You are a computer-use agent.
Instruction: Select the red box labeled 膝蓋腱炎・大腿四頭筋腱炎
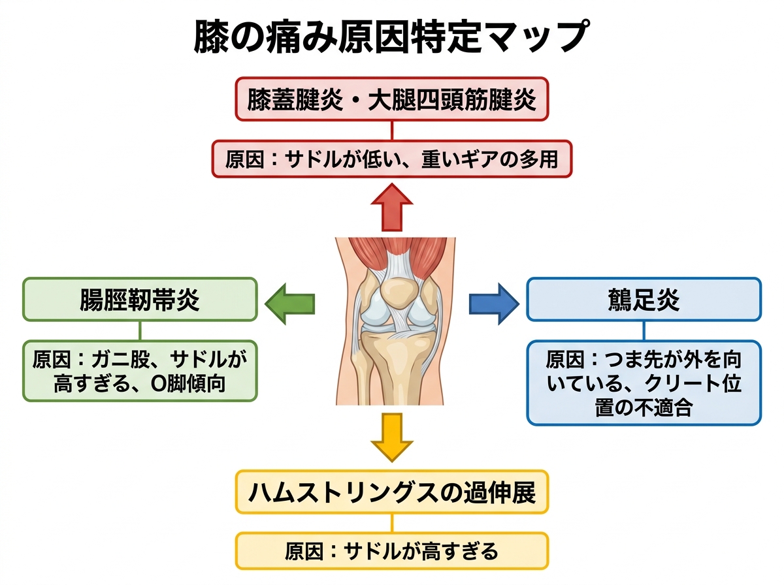pos(391,99)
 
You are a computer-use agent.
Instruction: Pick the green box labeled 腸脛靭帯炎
pos(140,300)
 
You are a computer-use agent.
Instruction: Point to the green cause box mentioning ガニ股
pos(140,371)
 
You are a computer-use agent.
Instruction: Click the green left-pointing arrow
pos(289,303)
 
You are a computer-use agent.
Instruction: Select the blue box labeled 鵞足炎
pos(644,300)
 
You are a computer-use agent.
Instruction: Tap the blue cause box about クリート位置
pos(644,383)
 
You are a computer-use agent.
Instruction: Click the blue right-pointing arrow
pos(494,303)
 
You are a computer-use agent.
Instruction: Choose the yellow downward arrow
pos(391,437)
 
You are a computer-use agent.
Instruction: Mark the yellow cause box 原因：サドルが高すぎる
pos(391,551)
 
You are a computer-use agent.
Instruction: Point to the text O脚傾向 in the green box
pos(188,384)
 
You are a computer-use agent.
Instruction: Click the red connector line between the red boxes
pos(392,130)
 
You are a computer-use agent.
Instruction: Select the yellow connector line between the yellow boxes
pos(392,522)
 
